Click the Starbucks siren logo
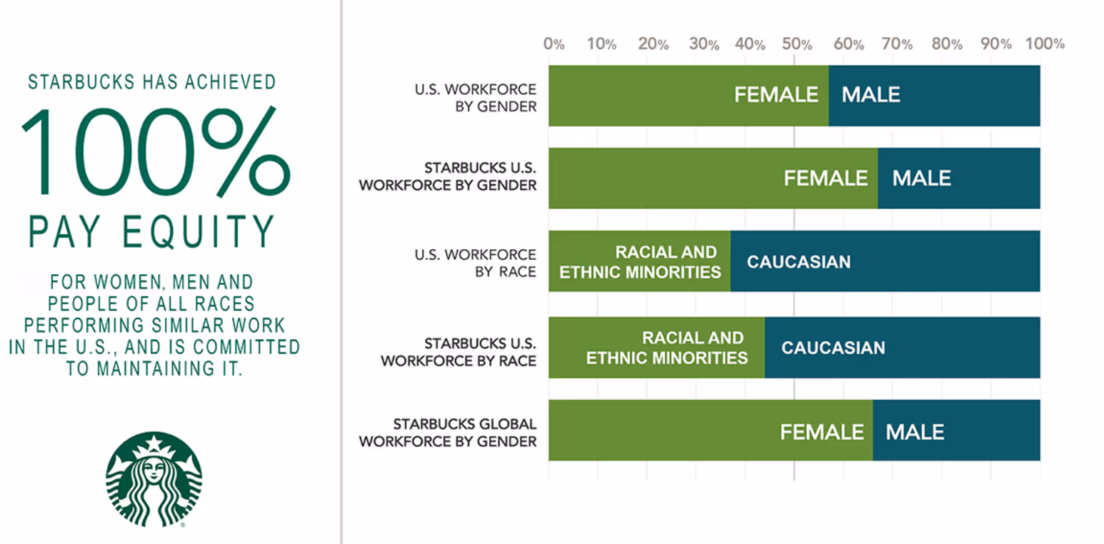click(154, 480)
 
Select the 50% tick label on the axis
click(796, 44)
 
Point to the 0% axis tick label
click(554, 44)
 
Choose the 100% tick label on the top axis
click(1044, 44)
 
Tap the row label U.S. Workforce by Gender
click(475, 96)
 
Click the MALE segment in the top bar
click(934, 96)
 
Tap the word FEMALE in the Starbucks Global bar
click(822, 432)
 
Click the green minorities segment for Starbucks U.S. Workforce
click(656, 348)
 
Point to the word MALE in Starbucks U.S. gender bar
click(921, 178)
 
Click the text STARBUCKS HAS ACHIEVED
click(151, 83)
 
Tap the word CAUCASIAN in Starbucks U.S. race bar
click(833, 348)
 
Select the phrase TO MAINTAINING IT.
click(154, 369)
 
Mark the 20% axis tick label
click(653, 44)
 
